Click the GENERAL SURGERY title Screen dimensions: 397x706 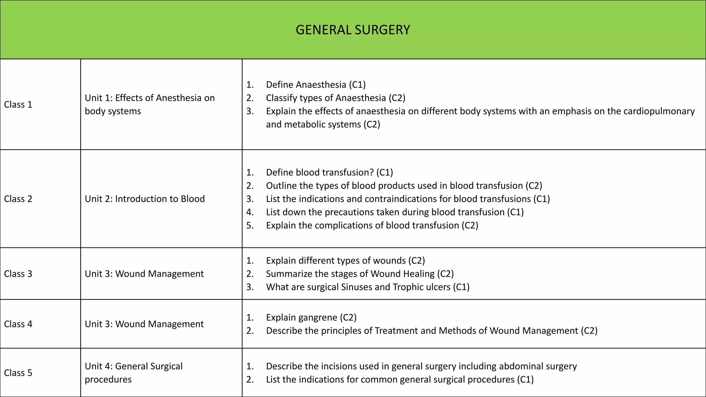[x=353, y=30]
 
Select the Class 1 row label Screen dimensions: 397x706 [x=18, y=104]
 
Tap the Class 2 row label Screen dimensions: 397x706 [x=18, y=199]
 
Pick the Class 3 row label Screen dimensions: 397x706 [x=18, y=274]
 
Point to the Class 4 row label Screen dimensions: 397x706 [x=18, y=324]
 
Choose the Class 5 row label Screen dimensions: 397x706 [x=18, y=373]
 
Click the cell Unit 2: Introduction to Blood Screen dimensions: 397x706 [x=145, y=199]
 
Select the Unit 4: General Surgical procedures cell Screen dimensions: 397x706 [x=134, y=373]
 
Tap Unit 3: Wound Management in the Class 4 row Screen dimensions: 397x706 [x=144, y=324]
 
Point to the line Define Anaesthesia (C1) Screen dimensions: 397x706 [x=316, y=85]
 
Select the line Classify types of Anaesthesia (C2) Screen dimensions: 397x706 [x=335, y=98]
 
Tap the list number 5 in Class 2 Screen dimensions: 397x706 [x=250, y=225]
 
